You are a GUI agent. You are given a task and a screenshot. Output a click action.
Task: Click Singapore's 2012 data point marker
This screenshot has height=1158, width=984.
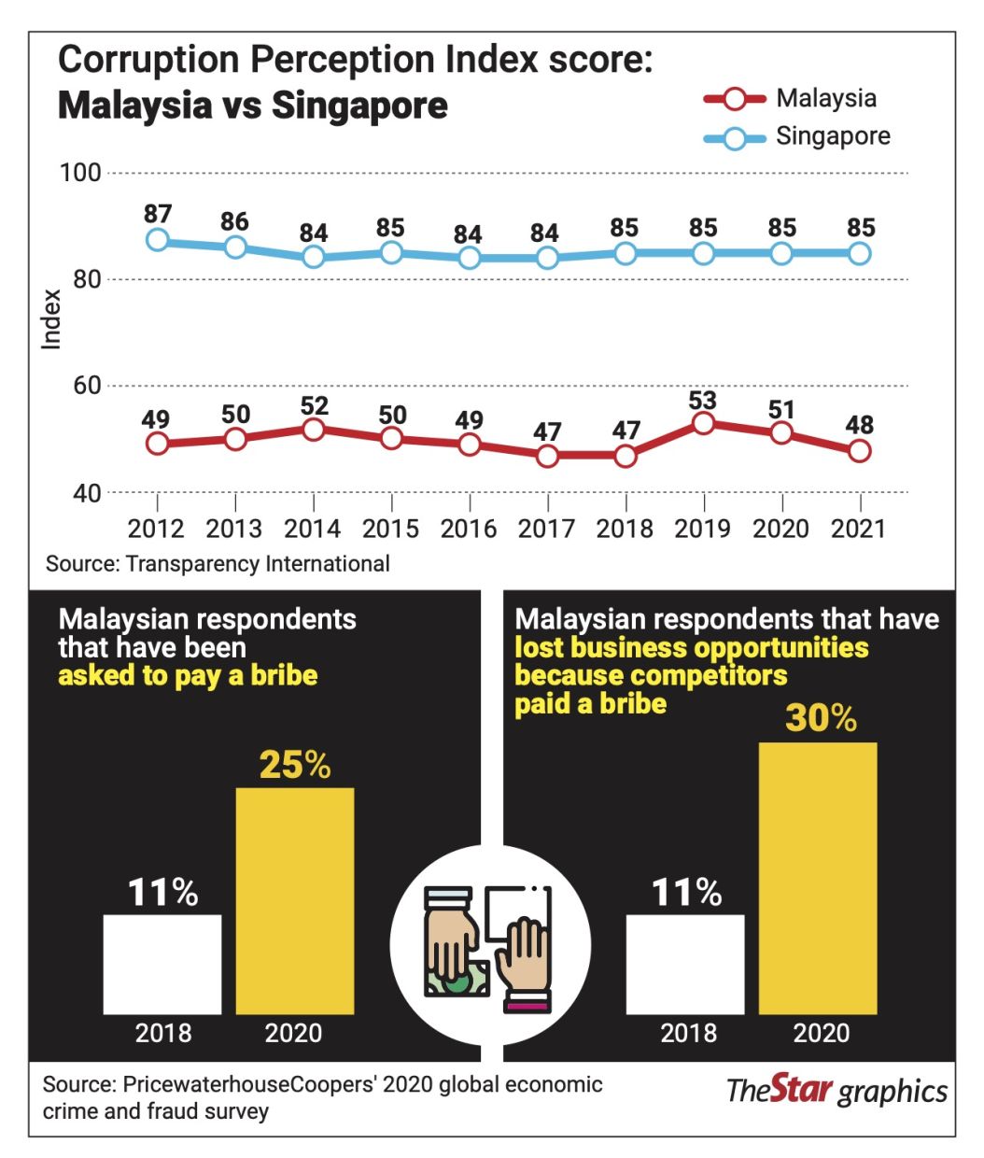[x=158, y=240]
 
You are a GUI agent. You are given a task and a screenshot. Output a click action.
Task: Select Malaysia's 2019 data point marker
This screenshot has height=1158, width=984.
[x=703, y=424]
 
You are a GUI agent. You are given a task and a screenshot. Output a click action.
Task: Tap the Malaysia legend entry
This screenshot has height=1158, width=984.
[x=790, y=99]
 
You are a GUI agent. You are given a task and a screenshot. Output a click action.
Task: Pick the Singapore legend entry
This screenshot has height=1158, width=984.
[x=797, y=136]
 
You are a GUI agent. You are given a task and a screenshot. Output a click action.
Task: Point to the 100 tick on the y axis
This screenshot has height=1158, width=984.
[x=80, y=173]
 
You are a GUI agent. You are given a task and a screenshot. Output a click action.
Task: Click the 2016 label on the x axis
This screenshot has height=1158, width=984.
[x=469, y=529]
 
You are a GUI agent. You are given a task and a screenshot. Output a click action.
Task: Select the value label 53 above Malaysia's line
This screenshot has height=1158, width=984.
[x=702, y=400]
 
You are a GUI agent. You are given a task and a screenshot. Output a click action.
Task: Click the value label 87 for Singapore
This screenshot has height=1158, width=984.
[x=158, y=214]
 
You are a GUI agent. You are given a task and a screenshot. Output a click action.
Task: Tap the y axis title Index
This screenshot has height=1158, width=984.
[x=51, y=319]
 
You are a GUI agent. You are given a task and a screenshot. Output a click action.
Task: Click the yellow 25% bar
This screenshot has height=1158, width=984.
[x=295, y=901]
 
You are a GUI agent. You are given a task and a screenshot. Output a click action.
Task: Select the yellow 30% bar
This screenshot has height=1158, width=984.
[x=818, y=879]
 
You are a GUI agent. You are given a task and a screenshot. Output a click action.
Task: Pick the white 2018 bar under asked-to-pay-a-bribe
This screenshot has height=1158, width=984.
[x=162, y=965]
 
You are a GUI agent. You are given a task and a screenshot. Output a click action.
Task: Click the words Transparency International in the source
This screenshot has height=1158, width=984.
[x=258, y=564]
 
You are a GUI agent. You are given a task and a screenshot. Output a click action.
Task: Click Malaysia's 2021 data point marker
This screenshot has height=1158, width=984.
[x=860, y=450]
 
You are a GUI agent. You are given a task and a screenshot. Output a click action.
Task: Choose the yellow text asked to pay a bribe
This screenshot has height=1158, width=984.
[x=189, y=675]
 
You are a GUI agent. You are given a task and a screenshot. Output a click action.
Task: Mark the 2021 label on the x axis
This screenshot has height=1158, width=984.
[x=859, y=529]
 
